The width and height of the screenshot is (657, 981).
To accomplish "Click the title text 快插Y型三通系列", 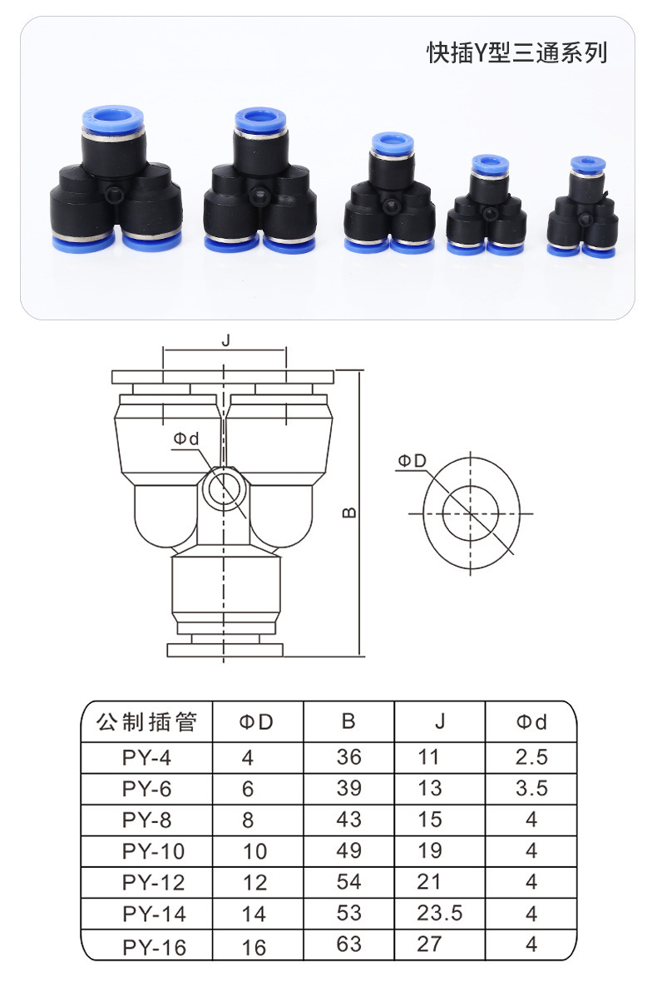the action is click(516, 52).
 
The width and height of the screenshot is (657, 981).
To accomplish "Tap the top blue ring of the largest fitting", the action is click(112, 116).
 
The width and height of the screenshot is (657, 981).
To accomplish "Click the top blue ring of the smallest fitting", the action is click(588, 164).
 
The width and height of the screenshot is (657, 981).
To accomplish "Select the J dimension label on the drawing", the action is click(225, 339).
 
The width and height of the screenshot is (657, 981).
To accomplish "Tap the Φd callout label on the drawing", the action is click(186, 439).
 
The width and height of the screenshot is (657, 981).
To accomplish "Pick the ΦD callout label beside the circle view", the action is click(412, 461).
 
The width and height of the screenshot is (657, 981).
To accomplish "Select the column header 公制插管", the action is click(147, 722).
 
